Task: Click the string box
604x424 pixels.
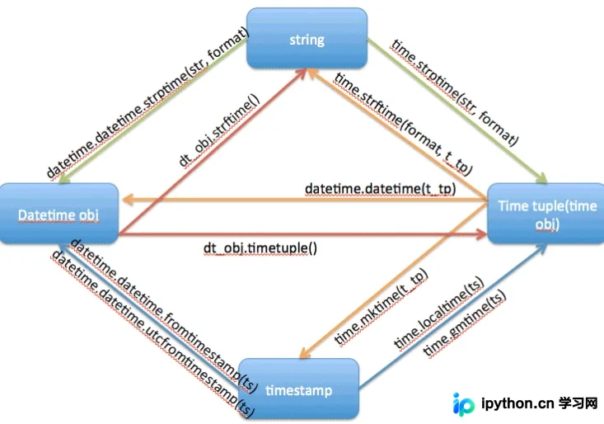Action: coord(307,38)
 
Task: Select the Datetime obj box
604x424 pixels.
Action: coord(59,214)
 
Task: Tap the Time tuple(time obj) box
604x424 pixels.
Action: coord(546,214)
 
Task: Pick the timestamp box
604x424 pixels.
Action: coord(299,389)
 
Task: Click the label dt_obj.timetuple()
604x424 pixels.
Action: coord(260,247)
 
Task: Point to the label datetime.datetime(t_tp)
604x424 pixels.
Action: coord(380,189)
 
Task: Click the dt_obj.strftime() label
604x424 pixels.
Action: coord(219,130)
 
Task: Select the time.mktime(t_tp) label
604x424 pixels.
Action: coord(381,306)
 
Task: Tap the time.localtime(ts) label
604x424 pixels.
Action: coord(438,313)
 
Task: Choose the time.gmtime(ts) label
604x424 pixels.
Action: coord(464,323)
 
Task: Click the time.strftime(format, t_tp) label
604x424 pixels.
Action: coord(403,123)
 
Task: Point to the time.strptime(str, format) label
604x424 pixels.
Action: coord(455,92)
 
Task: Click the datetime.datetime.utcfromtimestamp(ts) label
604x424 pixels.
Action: coord(153,334)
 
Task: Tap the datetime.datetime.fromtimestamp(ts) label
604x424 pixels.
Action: coord(164,316)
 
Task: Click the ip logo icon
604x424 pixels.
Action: coord(463,404)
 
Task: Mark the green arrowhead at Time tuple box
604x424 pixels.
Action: coord(542,178)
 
